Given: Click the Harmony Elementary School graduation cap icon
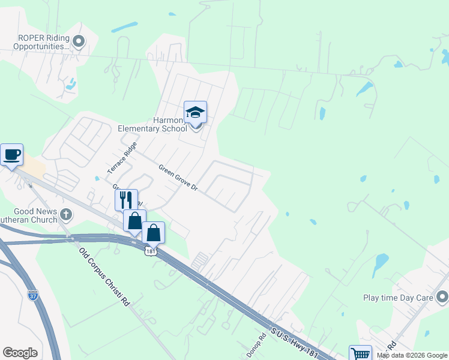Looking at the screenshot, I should [x=195, y=112].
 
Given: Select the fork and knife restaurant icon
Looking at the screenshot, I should [x=126, y=200].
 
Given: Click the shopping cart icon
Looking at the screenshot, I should [x=360, y=354].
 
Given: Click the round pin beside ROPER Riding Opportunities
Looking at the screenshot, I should [x=79, y=41].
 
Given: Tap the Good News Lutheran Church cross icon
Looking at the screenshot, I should [x=66, y=214].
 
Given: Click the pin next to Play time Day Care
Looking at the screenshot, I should [x=442, y=297].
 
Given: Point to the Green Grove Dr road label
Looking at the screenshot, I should [x=178, y=178].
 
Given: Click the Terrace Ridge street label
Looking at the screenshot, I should [x=122, y=158].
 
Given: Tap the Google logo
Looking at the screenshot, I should [x=20, y=353].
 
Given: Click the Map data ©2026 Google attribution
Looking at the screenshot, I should [x=412, y=355].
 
